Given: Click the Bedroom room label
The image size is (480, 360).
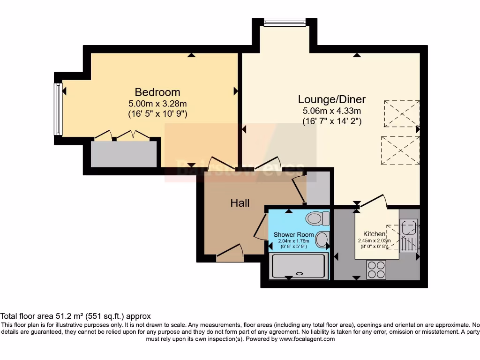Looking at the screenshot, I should point(157,92).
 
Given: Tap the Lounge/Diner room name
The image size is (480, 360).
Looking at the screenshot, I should point(332,99).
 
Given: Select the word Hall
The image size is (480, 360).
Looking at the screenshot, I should point(240,203).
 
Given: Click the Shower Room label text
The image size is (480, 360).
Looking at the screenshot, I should point(293,234).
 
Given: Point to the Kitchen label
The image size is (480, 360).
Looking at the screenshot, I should point(374,234).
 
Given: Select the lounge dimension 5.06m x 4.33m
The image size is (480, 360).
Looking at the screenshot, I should point(332,111).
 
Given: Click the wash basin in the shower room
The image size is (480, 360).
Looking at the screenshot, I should point(322,240).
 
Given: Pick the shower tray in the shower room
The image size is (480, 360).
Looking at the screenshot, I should point(298,266).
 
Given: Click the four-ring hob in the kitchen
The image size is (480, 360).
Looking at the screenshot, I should point(376,270).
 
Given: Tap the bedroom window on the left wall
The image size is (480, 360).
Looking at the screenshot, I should point(59,108).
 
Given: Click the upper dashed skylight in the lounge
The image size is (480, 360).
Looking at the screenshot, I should point(401,114).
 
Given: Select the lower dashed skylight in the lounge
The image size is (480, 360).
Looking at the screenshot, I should point(399,150).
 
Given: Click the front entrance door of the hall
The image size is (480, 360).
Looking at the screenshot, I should point(230,255).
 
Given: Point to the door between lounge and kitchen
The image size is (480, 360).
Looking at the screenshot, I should point(373,202).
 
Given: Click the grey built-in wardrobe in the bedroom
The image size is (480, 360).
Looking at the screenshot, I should point(124,153).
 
